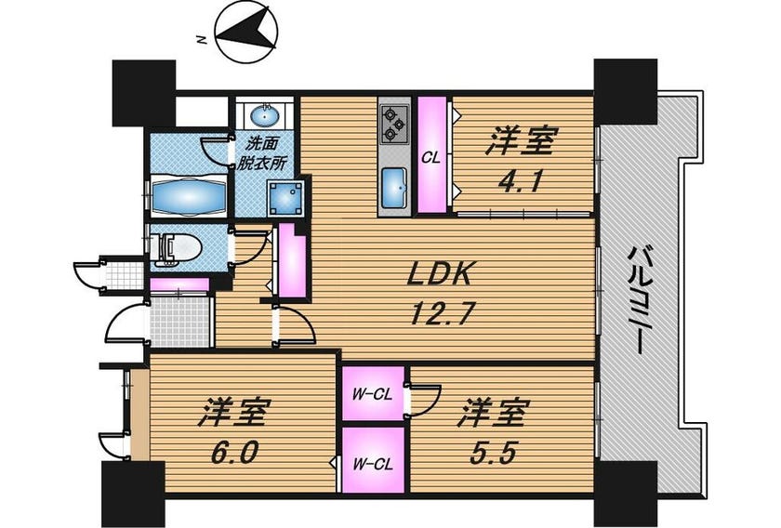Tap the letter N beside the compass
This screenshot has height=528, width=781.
click(202, 40)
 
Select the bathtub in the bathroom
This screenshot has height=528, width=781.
click(188, 196)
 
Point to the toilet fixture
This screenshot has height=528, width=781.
click(177, 248)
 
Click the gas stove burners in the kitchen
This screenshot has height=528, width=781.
click(394, 124)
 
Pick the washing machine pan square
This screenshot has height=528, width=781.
click(285, 198)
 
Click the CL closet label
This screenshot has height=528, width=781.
click(430, 158)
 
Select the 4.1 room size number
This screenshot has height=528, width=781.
click(520, 183)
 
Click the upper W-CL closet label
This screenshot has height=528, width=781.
click(372, 395)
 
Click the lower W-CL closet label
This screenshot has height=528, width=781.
click(373, 465)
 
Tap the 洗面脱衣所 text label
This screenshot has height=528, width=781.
click(261, 154)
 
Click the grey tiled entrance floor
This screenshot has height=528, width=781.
click(179, 322)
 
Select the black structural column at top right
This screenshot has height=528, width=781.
click(626, 92)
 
